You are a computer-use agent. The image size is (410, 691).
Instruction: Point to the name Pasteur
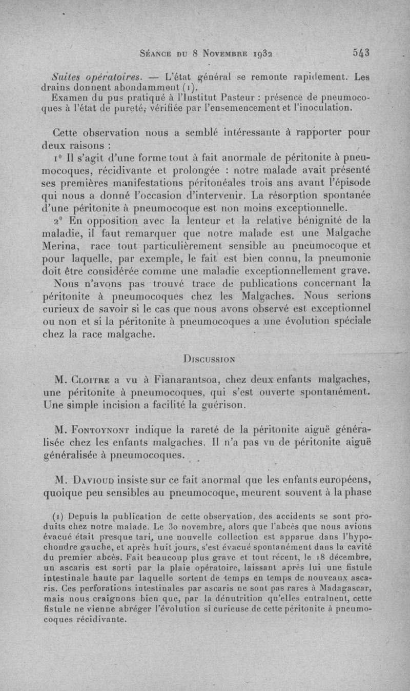[x=244, y=97]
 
